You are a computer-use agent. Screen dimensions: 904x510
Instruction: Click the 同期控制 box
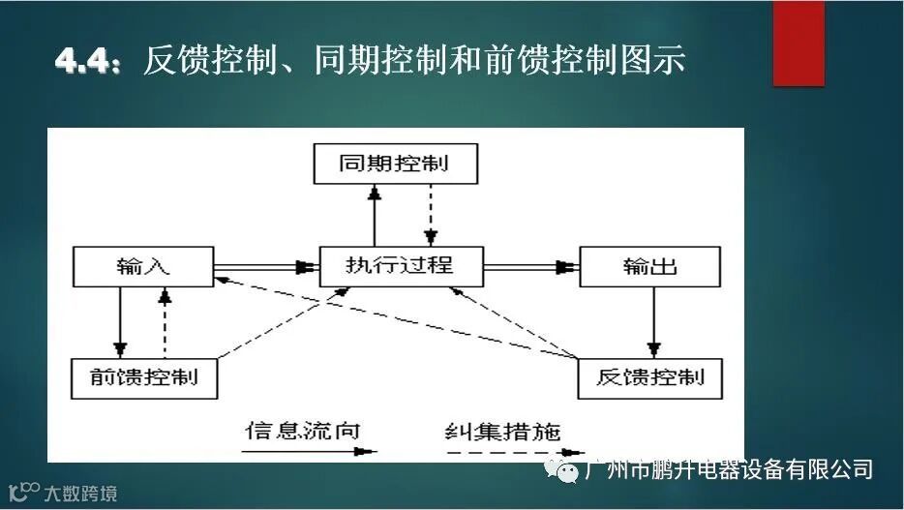coord(395,163)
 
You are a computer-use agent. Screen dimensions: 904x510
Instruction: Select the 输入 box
coord(143,266)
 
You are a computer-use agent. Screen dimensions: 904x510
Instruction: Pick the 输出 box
coord(649,266)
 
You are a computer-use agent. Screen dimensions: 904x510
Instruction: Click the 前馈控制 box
coord(143,377)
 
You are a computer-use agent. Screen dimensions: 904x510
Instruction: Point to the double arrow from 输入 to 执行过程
coord(266,265)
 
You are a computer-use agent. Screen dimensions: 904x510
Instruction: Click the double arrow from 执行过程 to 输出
coord(530,265)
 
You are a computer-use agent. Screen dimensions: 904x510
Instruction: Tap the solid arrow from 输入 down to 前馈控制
coord(120,322)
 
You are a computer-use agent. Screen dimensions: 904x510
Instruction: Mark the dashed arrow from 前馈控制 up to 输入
coord(165,324)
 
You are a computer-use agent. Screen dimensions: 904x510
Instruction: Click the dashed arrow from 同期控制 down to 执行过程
coord(432,215)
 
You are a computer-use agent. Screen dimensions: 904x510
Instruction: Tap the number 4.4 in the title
coord(87,60)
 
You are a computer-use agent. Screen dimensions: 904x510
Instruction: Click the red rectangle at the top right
coord(799,43)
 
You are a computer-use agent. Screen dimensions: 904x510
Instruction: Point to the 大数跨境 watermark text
coord(80,494)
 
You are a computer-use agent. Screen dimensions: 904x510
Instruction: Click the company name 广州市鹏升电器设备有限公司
coord(730,470)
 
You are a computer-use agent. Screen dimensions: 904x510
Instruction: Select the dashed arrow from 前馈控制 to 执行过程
coord(271,329)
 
